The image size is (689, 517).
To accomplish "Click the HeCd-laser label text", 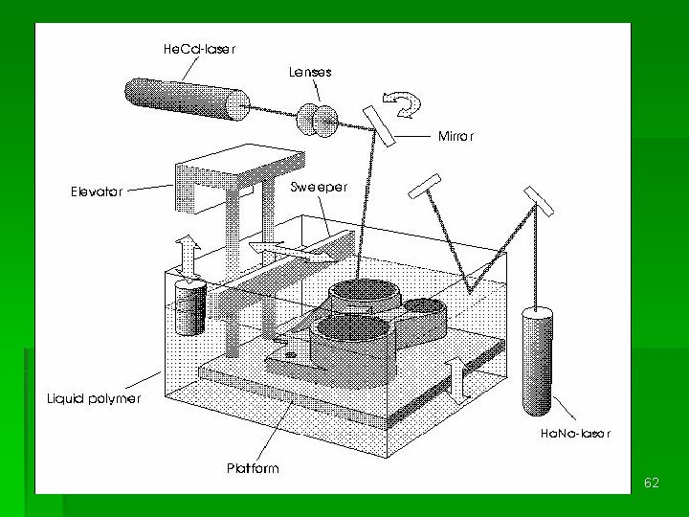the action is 199,49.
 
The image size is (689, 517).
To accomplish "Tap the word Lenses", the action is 310,72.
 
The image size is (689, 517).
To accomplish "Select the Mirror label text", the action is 456,136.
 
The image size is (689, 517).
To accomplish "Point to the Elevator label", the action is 97,191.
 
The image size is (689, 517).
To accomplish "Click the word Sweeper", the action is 319,187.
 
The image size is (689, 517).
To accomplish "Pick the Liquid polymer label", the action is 94,398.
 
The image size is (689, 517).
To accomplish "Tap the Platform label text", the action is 253,468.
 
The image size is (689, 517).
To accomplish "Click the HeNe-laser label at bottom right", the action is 575,434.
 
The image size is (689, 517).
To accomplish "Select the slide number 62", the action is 652,483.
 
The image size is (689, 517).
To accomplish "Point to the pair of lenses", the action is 318,120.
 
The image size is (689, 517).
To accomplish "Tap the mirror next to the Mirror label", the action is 379,126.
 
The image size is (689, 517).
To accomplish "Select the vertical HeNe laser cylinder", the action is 537,361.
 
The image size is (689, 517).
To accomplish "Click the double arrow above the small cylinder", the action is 189,260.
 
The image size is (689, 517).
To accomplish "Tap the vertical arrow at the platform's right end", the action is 457,380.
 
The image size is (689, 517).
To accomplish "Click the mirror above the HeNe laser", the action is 539,201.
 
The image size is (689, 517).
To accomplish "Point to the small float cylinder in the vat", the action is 190,307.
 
